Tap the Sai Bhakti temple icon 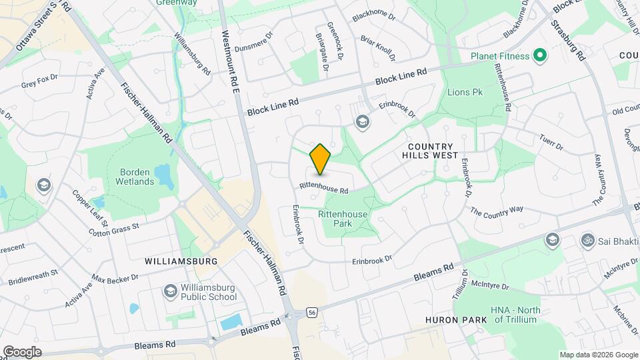point(588,239)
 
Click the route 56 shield point(312,311)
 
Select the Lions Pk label point(465,92)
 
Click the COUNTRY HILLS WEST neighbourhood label point(430,151)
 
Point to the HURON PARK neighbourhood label point(457,320)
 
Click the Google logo point(22,351)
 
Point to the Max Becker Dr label point(115,277)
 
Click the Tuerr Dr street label point(551,141)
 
